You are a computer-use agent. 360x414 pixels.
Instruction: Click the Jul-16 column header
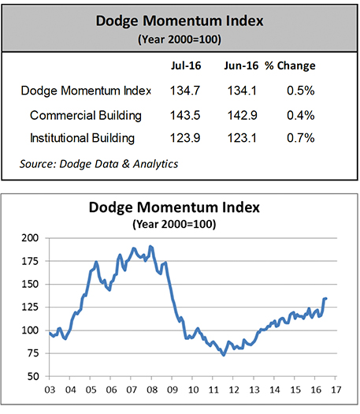[x=186, y=65]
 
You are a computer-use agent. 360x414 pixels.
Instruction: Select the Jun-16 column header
[x=241, y=65]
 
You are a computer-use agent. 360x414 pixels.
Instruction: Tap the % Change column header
[x=290, y=65]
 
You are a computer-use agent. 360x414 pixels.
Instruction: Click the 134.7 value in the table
[x=185, y=91]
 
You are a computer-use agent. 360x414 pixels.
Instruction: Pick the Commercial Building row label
[x=86, y=116]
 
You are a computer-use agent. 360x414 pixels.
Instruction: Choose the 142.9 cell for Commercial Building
[x=242, y=115]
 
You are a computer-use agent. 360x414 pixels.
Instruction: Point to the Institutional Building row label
[x=82, y=138]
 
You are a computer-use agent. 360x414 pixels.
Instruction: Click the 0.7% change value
[x=301, y=138]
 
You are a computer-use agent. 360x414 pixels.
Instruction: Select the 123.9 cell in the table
[x=185, y=138]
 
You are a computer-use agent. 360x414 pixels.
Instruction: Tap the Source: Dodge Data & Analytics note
[x=99, y=164]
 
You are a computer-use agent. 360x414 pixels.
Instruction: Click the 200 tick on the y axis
[x=30, y=238]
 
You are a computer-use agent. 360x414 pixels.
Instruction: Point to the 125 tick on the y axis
[x=30, y=307]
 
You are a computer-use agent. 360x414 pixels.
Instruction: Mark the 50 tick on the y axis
[x=33, y=376]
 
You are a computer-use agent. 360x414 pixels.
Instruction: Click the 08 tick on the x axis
[x=152, y=390]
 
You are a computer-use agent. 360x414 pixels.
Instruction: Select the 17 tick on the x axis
[x=336, y=390]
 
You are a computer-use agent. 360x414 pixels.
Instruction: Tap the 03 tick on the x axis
[x=50, y=390]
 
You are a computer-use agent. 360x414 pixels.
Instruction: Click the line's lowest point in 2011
[x=224, y=355]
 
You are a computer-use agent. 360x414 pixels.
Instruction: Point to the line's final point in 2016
[x=326, y=299]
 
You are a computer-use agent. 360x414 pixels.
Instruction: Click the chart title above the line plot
[x=174, y=207]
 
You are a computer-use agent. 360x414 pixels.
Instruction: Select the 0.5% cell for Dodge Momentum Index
[x=301, y=91]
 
